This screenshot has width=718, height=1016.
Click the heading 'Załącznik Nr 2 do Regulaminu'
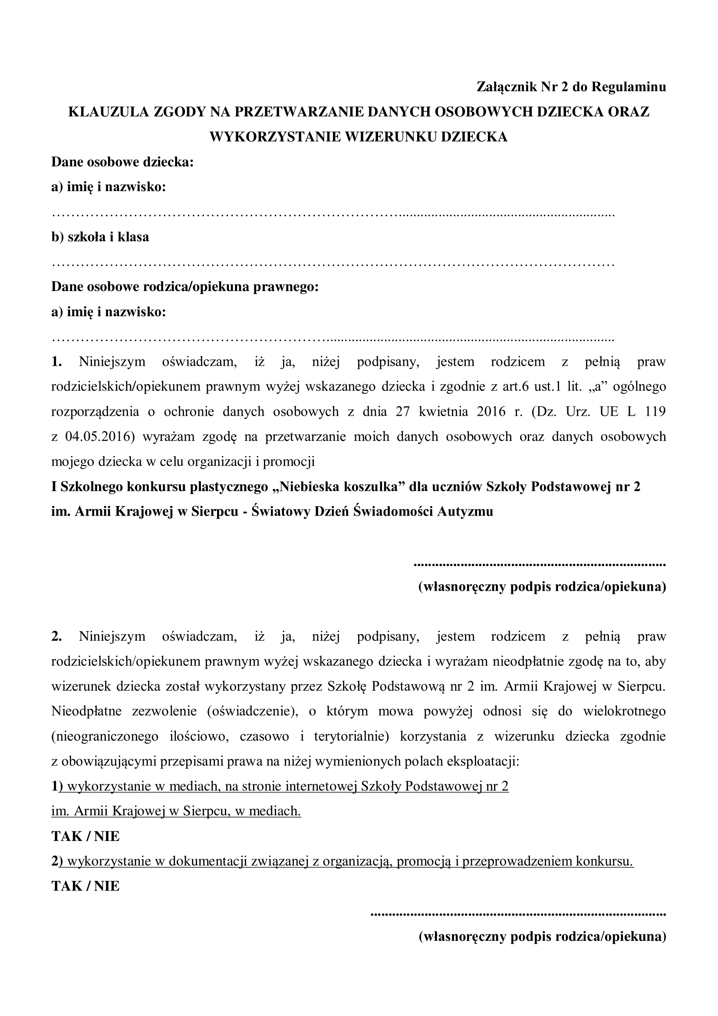click(571, 87)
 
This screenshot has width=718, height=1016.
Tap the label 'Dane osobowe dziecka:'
click(122, 162)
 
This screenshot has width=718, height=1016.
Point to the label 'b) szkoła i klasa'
click(100, 237)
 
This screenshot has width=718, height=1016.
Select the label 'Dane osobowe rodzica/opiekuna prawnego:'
click(185, 287)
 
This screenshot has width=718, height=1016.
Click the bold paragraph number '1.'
click(56, 361)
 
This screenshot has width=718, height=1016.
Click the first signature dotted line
click(540, 565)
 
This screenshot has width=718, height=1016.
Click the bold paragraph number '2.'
click(56, 637)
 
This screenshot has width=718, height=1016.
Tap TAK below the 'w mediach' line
click(66, 836)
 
